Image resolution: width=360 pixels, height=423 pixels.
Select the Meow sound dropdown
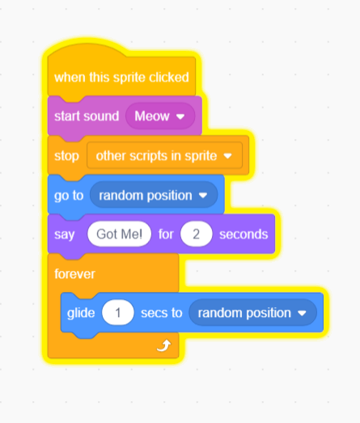[160, 116]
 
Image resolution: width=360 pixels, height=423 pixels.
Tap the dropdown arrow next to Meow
[180, 116]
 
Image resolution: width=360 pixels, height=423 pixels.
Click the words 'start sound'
[87, 116]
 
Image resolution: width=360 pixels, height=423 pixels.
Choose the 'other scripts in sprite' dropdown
[164, 155]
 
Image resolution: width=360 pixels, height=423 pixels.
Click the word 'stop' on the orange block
[66, 156]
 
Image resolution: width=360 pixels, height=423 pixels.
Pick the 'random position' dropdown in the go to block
[154, 195]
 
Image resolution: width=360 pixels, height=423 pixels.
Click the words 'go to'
[69, 196]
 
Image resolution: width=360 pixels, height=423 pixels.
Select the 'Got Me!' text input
[119, 234]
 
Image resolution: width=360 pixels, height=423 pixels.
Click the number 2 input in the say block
[197, 234]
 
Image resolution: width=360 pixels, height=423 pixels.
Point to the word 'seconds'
[244, 235]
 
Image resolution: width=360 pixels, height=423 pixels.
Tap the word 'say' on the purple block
[64, 235]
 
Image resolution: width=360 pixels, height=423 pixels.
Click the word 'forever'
[74, 274]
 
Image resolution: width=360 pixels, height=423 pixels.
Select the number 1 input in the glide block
[117, 313]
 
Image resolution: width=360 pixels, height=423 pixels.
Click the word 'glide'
[81, 313]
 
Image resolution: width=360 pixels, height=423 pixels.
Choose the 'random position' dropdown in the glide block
[252, 313]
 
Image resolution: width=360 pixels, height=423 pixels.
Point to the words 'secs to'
[161, 313]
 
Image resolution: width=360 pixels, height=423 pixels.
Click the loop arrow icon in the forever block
[163, 345]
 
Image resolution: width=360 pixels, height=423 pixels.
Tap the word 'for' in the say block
[166, 234]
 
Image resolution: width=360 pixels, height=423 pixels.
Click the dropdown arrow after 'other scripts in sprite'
[228, 156]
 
